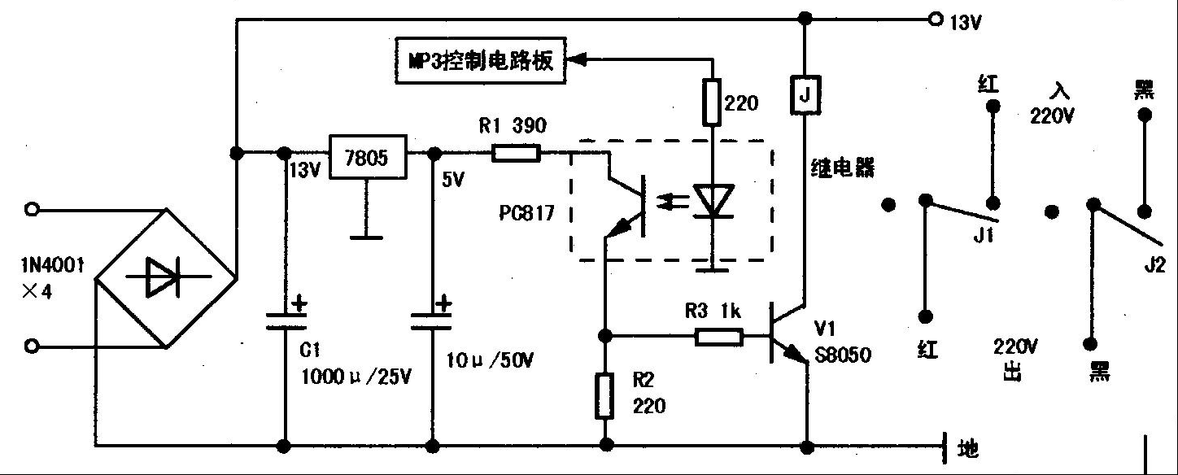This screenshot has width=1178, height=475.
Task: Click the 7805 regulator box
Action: (368, 157)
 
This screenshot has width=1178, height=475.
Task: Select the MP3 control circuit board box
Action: (480, 60)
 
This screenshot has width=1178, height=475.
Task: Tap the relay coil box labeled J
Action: (805, 95)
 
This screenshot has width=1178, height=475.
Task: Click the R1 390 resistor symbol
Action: (516, 152)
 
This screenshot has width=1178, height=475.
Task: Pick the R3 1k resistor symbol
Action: (718, 336)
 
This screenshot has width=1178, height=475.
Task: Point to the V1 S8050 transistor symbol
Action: (786, 336)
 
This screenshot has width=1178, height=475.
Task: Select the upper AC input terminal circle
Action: (31, 210)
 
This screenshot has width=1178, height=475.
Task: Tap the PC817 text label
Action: (526, 214)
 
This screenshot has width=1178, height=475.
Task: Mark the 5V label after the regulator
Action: (453, 180)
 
